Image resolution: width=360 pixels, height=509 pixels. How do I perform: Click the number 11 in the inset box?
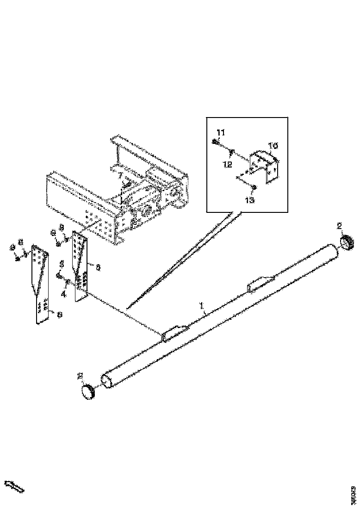221,133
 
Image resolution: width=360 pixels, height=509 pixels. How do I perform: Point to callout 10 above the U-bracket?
273,145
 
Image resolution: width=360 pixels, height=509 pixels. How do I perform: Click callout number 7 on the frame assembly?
120,176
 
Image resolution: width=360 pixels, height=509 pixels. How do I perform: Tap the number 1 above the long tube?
201,306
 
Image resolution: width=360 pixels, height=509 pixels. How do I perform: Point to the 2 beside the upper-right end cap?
339,226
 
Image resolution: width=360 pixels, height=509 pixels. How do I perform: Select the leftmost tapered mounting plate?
40,282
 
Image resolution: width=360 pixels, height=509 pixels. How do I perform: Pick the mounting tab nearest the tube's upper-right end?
260,283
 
